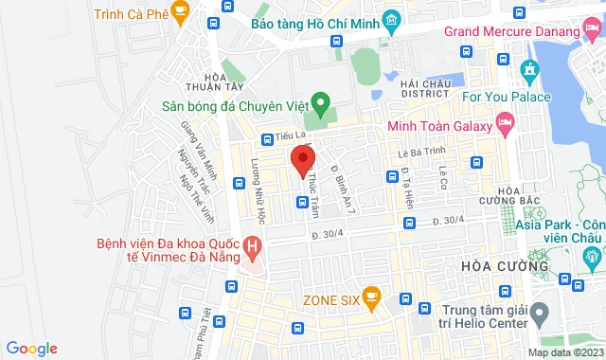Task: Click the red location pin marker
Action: (302, 159)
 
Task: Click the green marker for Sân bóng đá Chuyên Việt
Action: (321, 101)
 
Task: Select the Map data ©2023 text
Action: (564, 352)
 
